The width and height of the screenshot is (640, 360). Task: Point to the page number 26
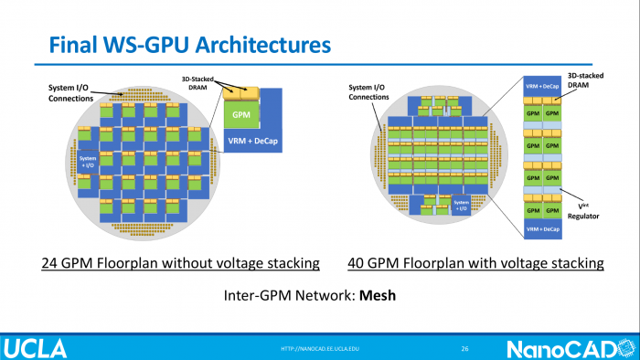coord(464,348)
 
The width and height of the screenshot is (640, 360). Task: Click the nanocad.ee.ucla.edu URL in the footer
coord(320,348)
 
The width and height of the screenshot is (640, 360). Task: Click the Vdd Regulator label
coord(581,198)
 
